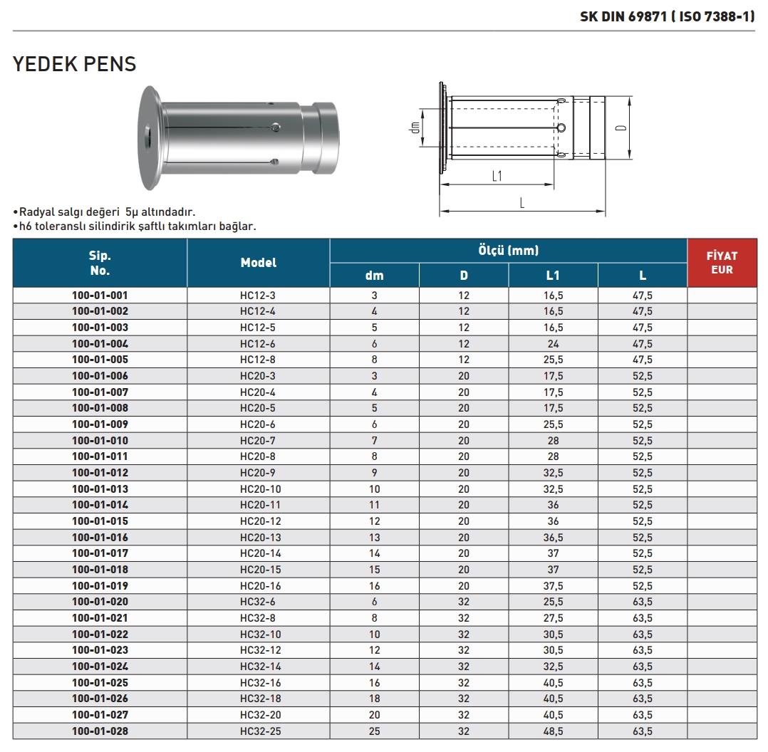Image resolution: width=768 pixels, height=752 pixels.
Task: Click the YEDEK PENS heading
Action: pos(75,64)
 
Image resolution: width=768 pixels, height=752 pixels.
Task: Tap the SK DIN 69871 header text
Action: pos(667,16)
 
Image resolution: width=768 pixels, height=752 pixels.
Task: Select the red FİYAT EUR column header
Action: pos(722,262)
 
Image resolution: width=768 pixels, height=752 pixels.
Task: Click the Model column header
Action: pos(258,263)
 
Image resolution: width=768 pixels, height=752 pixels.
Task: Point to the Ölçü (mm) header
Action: pos(508,251)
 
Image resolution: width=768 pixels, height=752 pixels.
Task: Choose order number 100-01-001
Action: pos(100,295)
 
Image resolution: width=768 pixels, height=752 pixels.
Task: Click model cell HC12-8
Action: pos(258,360)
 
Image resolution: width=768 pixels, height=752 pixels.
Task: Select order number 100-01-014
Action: pos(100,505)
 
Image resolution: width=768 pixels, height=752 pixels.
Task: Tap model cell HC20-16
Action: pos(258,585)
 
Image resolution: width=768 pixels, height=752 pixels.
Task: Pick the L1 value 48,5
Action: pos(553,731)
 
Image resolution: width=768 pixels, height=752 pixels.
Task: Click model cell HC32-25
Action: pos(258,731)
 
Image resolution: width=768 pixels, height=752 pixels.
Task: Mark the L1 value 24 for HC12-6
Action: pos(553,343)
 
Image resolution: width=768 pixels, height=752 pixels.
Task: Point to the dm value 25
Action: pos(374,731)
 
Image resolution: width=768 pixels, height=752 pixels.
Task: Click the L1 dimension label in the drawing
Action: pos(497,176)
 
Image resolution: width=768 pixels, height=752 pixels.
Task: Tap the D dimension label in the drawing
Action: pos(621,128)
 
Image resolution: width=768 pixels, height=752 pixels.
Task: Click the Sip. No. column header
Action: pos(100,263)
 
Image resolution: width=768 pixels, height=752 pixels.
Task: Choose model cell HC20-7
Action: pos(258,440)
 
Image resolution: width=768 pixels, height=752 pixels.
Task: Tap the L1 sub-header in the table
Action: pos(553,276)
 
